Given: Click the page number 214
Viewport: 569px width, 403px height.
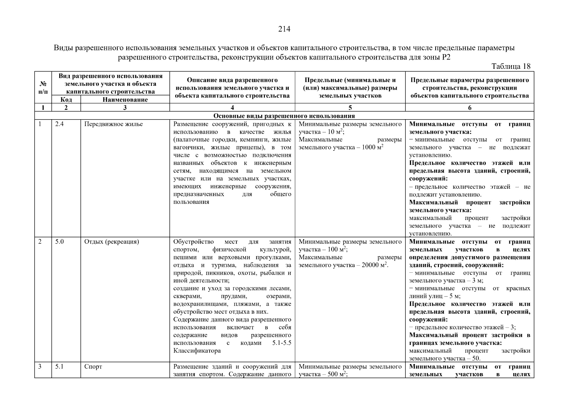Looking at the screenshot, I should click(284, 29).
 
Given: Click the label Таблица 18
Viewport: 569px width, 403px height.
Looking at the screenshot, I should click(511, 66).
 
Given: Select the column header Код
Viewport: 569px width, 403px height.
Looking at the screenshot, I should click(66, 99).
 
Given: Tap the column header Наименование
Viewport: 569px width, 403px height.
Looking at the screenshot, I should click(125, 99).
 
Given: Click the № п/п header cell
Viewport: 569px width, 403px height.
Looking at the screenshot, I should click(43, 87).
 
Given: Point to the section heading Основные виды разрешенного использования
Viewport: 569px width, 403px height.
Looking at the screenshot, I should click(284, 116).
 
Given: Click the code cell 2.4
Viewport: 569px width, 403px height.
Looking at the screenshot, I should click(59, 124).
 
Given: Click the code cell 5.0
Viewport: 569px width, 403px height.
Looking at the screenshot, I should click(59, 241).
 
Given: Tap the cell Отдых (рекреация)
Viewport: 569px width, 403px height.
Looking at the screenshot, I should click(111, 241).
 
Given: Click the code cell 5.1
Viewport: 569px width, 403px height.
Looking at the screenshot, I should click(59, 366).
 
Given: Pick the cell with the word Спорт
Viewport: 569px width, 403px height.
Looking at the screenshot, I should click(93, 366).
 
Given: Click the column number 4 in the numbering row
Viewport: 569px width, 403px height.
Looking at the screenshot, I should click(232, 107).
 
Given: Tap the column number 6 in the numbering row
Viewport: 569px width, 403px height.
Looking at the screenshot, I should click(469, 107).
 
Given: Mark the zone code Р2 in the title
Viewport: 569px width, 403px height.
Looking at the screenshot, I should click(446, 57).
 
